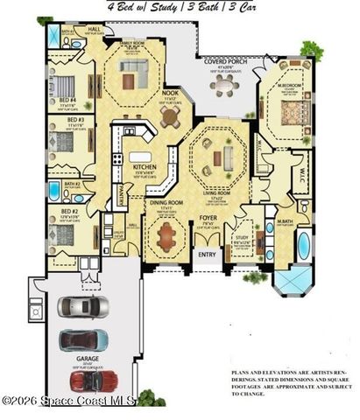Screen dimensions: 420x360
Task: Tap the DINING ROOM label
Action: click(x=165, y=203)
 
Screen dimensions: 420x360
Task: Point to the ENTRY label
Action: click(x=208, y=255)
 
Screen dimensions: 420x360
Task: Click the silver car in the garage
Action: click(x=83, y=307)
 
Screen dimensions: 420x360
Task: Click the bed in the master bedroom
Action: click(x=288, y=114)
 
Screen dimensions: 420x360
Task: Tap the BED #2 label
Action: click(x=69, y=213)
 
